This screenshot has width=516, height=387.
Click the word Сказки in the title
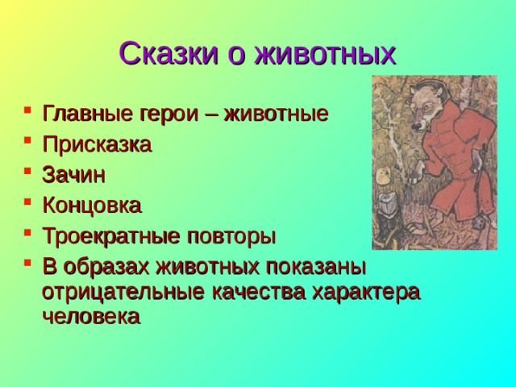(166, 54)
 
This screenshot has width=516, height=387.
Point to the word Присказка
(96, 144)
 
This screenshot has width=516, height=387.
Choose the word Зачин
(73, 175)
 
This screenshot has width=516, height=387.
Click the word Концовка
(92, 206)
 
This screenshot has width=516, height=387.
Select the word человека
(90, 317)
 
